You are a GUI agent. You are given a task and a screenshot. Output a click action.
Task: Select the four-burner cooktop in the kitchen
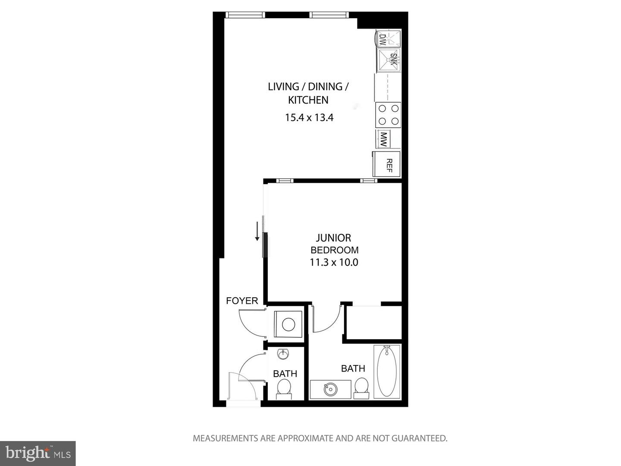tap(388, 115)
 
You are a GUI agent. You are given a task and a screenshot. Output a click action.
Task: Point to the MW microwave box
tap(383, 139)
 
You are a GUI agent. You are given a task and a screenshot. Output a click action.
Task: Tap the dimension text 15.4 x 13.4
tap(309, 117)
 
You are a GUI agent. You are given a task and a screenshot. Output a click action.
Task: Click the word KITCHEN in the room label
tap(308, 100)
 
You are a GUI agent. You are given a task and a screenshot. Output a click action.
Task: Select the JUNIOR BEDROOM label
tap(334, 244)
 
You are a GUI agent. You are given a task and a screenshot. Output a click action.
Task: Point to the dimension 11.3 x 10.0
tap(334, 262)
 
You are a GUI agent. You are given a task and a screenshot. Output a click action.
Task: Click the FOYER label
tap(242, 301)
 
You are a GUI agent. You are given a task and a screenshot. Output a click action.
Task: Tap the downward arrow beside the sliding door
tap(257, 231)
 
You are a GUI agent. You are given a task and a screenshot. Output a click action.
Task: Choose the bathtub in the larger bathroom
tap(387, 371)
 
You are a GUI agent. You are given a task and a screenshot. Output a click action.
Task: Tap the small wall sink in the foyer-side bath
tap(283, 354)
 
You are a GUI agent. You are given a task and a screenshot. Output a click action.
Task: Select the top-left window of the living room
tap(245, 15)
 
